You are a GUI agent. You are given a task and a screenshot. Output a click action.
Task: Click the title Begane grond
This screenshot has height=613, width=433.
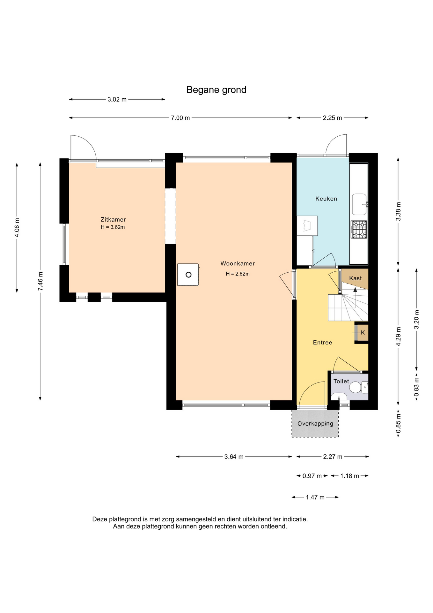tap(216, 90)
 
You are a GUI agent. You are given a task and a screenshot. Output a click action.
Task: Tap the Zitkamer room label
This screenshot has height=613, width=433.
tap(113, 219)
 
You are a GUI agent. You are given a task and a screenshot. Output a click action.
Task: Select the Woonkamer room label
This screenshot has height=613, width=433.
tap(238, 263)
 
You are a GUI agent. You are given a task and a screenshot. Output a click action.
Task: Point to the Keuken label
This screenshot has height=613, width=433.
tap(326, 199)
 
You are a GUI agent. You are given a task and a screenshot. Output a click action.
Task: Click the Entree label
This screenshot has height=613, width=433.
tap(323, 343)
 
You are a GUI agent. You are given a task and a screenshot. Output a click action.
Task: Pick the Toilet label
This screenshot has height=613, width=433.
tap(341, 381)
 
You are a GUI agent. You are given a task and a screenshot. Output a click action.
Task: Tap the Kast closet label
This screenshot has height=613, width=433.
tap(356, 278)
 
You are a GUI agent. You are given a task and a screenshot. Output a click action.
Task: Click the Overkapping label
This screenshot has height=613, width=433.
tap(315, 424)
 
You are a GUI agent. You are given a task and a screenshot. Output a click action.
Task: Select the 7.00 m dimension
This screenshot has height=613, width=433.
tap(180, 118)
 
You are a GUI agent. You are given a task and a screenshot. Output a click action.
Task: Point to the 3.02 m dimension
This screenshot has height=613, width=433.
tap(117, 99)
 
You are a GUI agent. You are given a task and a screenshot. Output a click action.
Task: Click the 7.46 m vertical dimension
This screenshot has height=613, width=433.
tap(40, 281)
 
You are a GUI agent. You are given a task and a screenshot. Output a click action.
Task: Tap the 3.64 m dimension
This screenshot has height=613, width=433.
tap(234, 457)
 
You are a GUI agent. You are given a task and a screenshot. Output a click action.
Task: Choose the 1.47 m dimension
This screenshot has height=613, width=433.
tap(315, 497)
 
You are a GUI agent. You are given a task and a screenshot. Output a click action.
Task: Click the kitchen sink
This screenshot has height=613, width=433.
tap(359, 204)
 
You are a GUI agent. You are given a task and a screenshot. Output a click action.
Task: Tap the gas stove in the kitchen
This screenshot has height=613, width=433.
tap(359, 230)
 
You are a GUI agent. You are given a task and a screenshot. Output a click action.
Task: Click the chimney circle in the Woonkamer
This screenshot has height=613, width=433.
tap(188, 275)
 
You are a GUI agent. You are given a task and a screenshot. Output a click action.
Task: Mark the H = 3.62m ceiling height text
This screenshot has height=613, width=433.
tap(113, 227)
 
